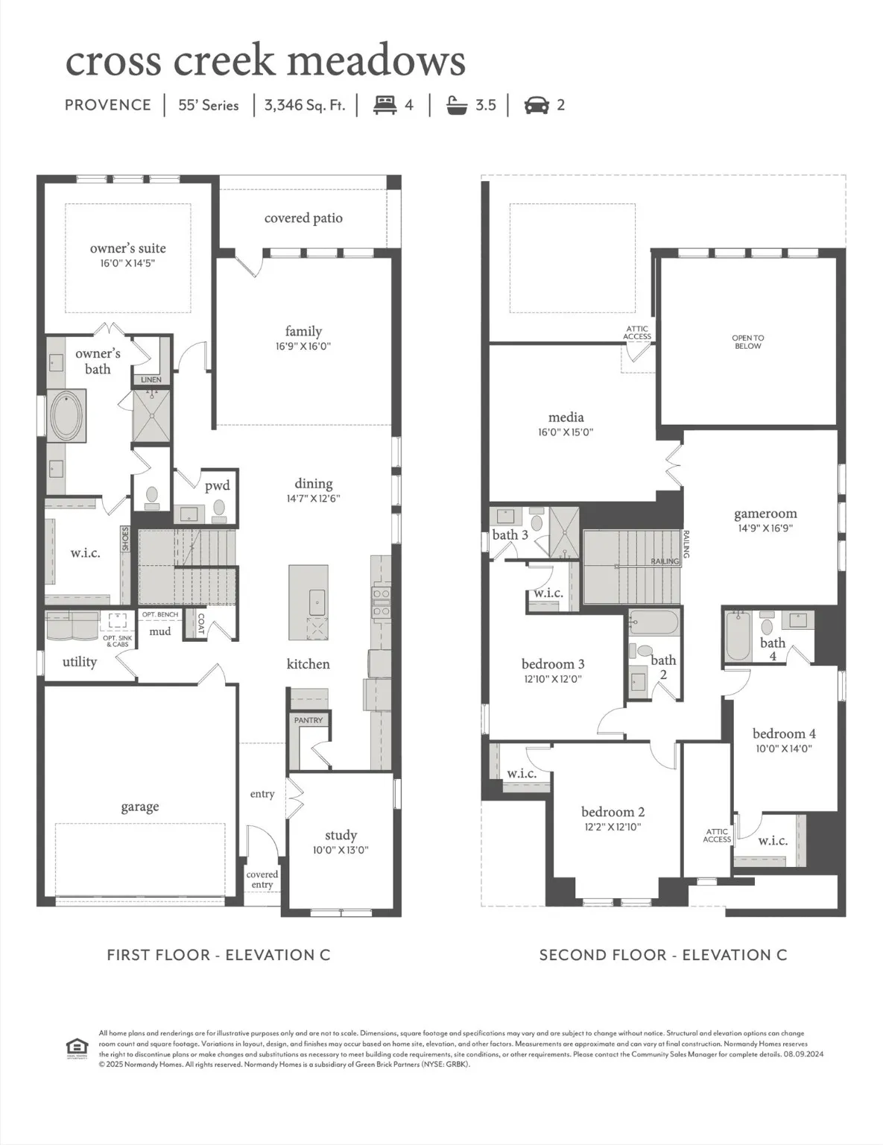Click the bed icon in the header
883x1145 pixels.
(x=384, y=105)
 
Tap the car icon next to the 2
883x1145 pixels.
(x=537, y=105)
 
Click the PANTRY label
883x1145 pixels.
(x=308, y=720)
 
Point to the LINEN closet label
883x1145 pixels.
(x=151, y=380)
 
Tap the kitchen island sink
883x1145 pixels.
(x=317, y=599)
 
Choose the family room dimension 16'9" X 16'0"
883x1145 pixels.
(x=303, y=347)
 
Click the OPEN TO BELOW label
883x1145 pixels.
(x=747, y=342)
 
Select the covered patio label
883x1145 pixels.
(x=303, y=218)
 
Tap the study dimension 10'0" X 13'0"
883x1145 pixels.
(x=341, y=851)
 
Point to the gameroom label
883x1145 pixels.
(x=765, y=514)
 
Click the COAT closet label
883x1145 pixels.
(x=201, y=624)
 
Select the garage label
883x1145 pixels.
(x=140, y=807)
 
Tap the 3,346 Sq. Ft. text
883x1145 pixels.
(x=304, y=105)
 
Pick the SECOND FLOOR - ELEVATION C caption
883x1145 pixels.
(x=662, y=955)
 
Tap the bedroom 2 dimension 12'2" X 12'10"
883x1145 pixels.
(x=613, y=827)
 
